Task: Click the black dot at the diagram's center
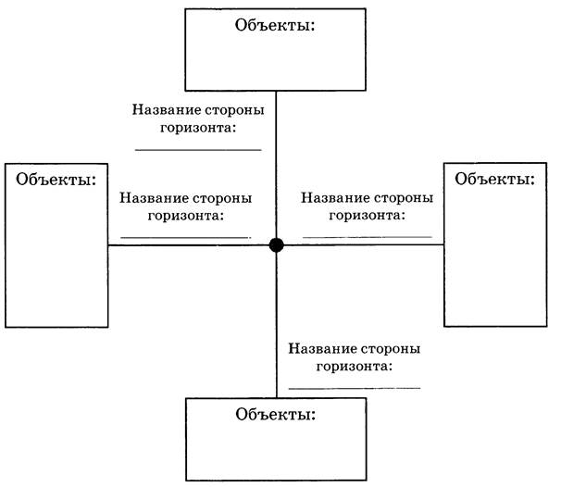[276, 245]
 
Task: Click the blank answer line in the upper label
[198, 150]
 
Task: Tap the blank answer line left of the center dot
[186, 237]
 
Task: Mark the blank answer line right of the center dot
[368, 237]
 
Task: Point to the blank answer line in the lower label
[355, 388]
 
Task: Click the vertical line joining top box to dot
[276, 165]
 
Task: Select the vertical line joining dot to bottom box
[276, 325]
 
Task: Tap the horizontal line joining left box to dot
[189, 245]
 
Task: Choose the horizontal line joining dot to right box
[364, 244]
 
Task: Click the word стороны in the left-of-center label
[222, 198]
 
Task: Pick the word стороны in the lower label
[391, 348]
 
